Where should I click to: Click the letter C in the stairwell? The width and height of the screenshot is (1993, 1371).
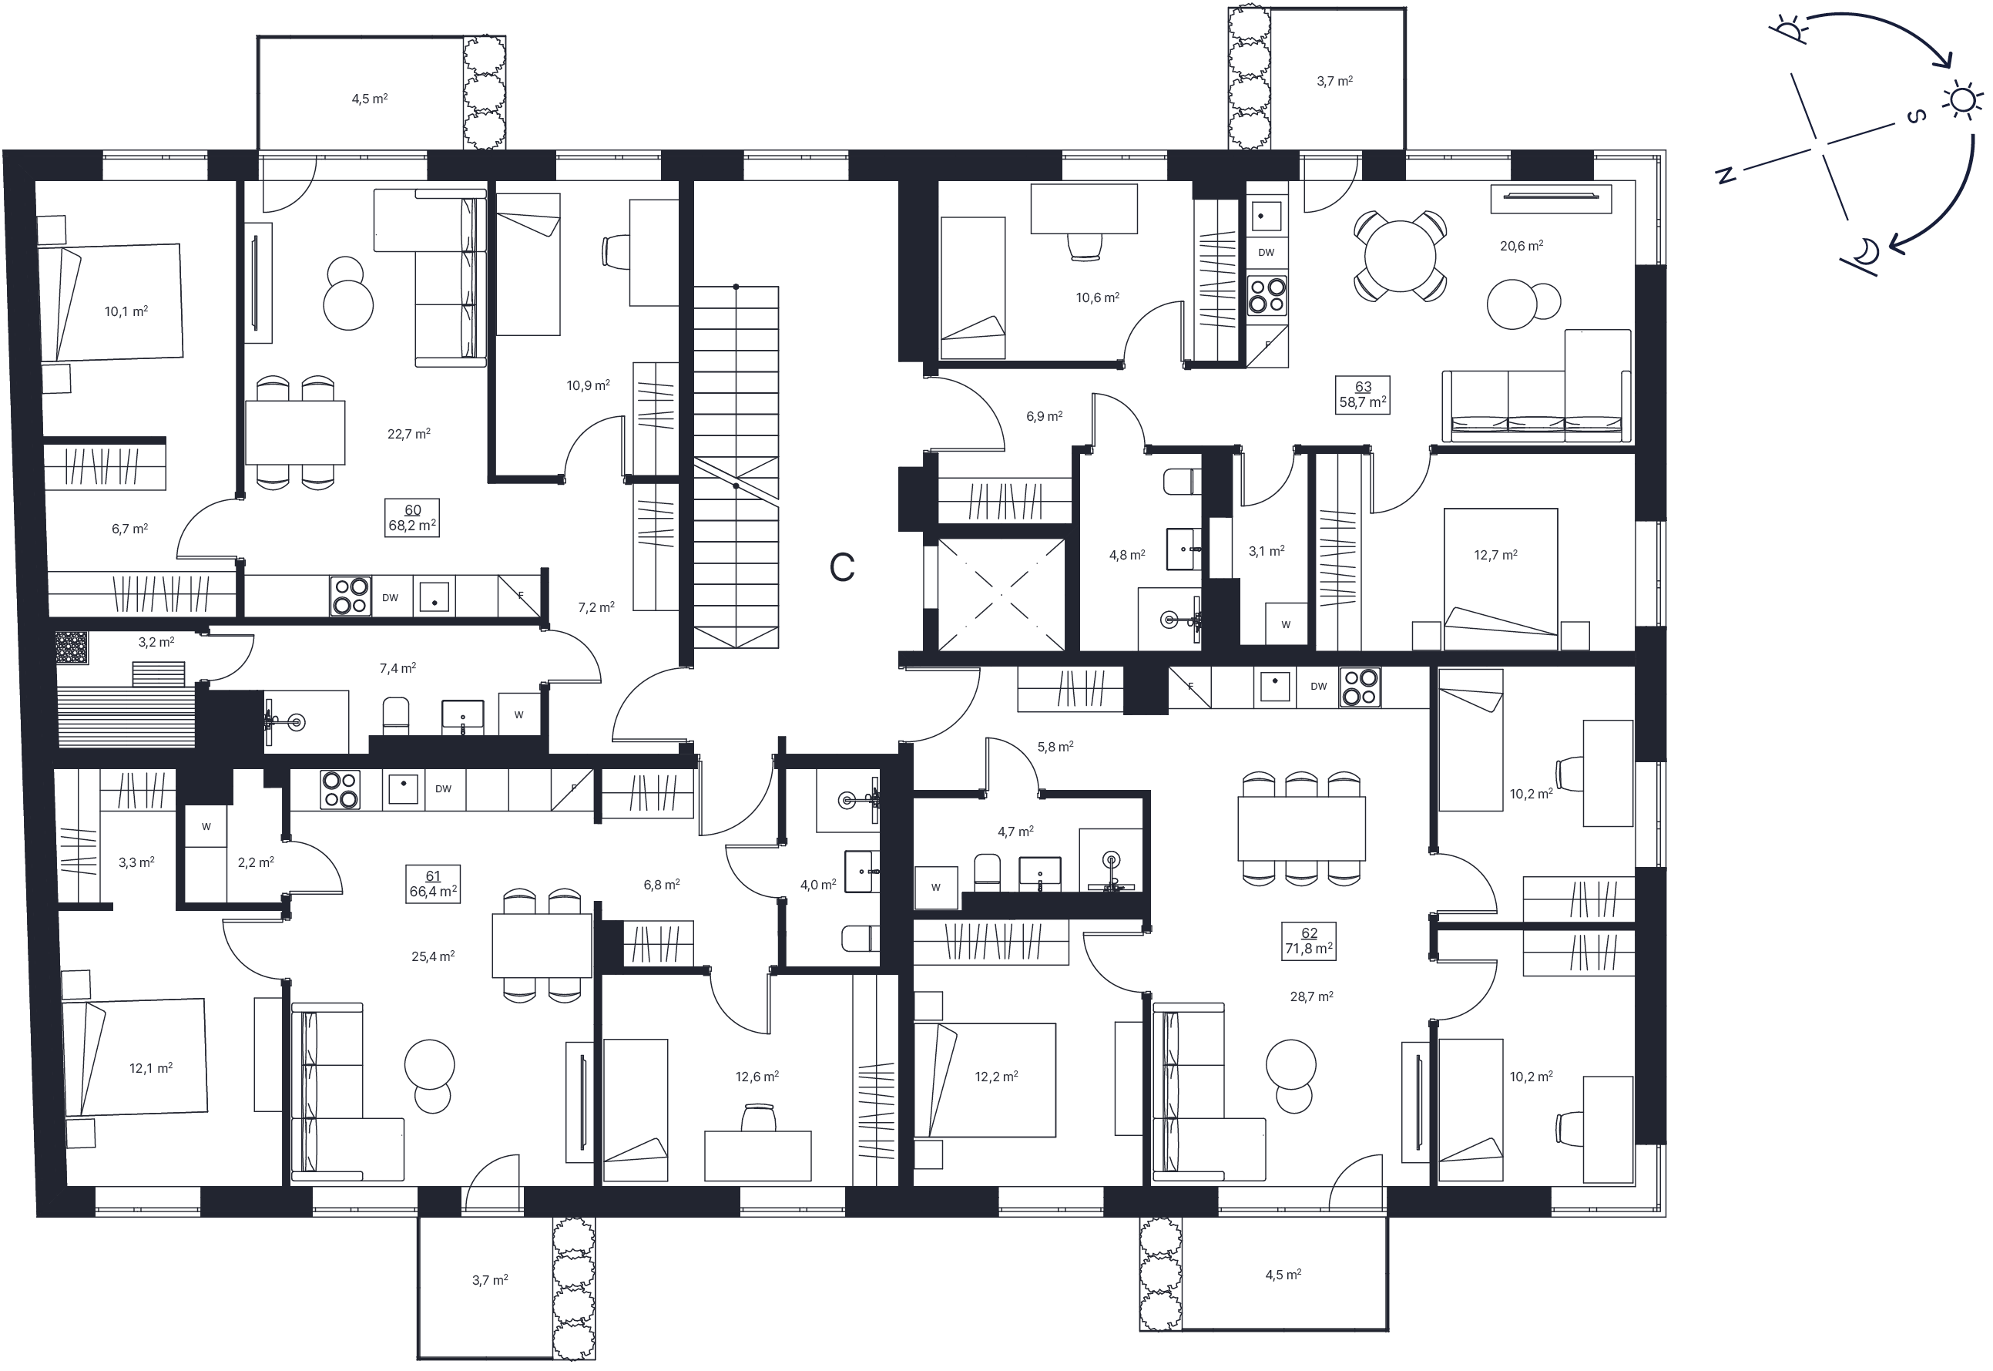pyautogui.click(x=841, y=567)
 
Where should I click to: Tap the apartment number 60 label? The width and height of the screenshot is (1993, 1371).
pyautogui.click(x=412, y=510)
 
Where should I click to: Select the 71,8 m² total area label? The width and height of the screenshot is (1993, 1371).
pyautogui.click(x=1309, y=949)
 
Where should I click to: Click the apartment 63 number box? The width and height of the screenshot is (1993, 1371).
pyautogui.click(x=1363, y=395)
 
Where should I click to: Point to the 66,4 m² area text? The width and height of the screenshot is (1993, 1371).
pyautogui.click(x=433, y=892)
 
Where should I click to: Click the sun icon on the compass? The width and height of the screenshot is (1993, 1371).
pyautogui.click(x=1961, y=100)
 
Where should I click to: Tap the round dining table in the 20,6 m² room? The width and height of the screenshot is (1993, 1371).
pyautogui.click(x=1400, y=256)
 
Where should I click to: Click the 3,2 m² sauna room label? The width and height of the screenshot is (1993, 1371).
pyautogui.click(x=156, y=642)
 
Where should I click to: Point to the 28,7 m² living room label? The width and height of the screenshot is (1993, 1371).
pyautogui.click(x=1311, y=997)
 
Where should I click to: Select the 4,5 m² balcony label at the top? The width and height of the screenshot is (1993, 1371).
pyautogui.click(x=369, y=99)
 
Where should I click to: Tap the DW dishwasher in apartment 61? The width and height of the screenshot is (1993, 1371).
pyautogui.click(x=443, y=788)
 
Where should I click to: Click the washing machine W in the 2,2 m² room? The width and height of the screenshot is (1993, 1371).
pyautogui.click(x=206, y=826)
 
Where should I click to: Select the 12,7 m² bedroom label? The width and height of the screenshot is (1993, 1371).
pyautogui.click(x=1496, y=555)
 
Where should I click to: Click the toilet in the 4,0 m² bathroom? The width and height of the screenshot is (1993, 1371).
pyautogui.click(x=861, y=938)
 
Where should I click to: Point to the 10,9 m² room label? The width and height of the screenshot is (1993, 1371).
pyautogui.click(x=589, y=385)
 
